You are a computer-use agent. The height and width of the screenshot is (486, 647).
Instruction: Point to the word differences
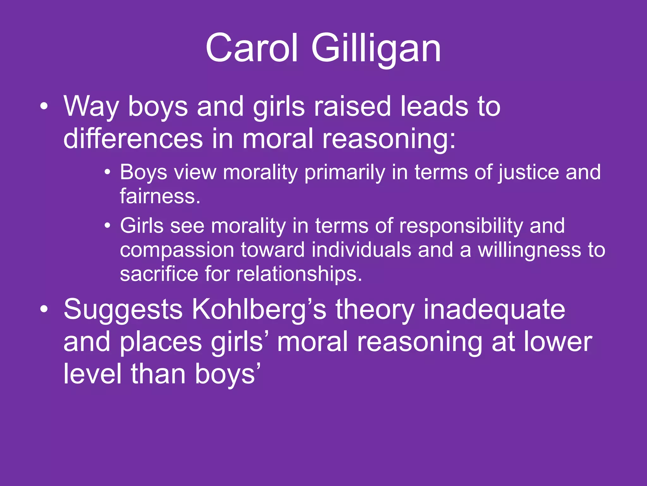point(133,139)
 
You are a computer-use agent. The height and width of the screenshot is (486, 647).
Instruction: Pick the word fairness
point(160,196)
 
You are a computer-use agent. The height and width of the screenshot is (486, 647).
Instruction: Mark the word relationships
point(299,274)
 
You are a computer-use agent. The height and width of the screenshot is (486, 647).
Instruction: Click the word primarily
point(345,173)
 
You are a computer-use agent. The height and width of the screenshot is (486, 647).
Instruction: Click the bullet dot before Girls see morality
point(108,226)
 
